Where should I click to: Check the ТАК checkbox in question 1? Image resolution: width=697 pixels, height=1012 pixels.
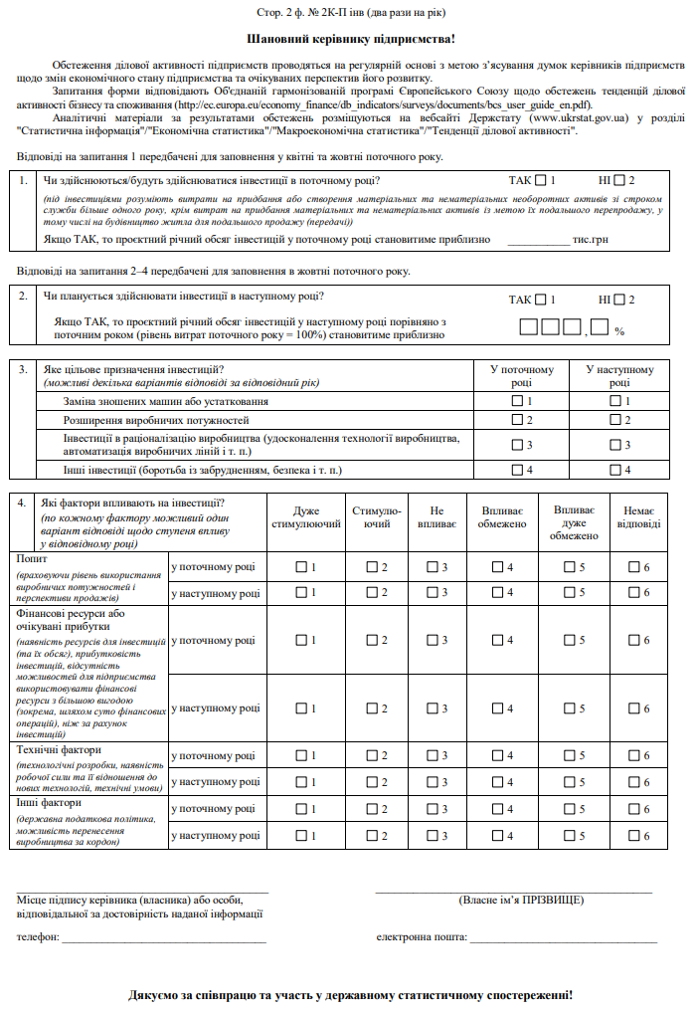point(539,181)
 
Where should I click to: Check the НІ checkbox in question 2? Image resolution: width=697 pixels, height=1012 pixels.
point(618,299)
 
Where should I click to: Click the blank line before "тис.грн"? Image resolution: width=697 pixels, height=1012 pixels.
point(537,240)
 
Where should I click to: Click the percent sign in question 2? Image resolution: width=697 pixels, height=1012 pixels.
point(618,330)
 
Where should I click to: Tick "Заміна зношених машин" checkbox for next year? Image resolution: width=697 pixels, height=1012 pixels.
point(613,401)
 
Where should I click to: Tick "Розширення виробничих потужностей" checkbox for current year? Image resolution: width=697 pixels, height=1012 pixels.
point(516,420)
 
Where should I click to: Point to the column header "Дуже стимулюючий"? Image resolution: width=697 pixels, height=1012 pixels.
point(306,516)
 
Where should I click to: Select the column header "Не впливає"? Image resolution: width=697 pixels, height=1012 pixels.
point(436,516)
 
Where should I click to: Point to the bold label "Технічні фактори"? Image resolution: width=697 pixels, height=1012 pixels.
point(60,749)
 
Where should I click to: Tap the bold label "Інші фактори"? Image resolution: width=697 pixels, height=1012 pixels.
point(48,801)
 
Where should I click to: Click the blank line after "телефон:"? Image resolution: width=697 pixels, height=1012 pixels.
point(164,938)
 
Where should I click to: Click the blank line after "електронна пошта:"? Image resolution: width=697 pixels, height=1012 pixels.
point(563,938)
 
